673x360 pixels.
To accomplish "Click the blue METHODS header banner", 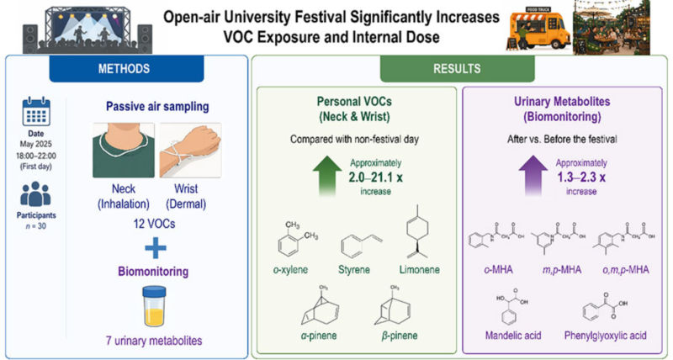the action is click(127, 68).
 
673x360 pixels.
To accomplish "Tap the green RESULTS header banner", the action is click(457, 68).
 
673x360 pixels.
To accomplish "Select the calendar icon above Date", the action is click(36, 112).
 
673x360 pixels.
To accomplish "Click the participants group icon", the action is click(35, 194).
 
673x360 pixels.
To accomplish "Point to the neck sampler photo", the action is click(124, 151).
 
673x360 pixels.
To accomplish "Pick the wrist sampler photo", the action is click(191, 151).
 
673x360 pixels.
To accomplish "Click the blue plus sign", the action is click(156, 247).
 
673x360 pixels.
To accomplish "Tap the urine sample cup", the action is click(154, 306).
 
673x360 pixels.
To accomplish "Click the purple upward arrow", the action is click(533, 177).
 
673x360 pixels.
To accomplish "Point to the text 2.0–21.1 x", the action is click(375, 177).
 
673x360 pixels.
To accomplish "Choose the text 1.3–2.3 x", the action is click(581, 177).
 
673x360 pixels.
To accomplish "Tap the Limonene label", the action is click(419, 270).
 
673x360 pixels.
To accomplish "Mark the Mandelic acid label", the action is click(513, 335).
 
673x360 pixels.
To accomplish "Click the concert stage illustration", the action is click(87, 28).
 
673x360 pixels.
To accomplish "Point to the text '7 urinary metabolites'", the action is click(154, 341).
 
